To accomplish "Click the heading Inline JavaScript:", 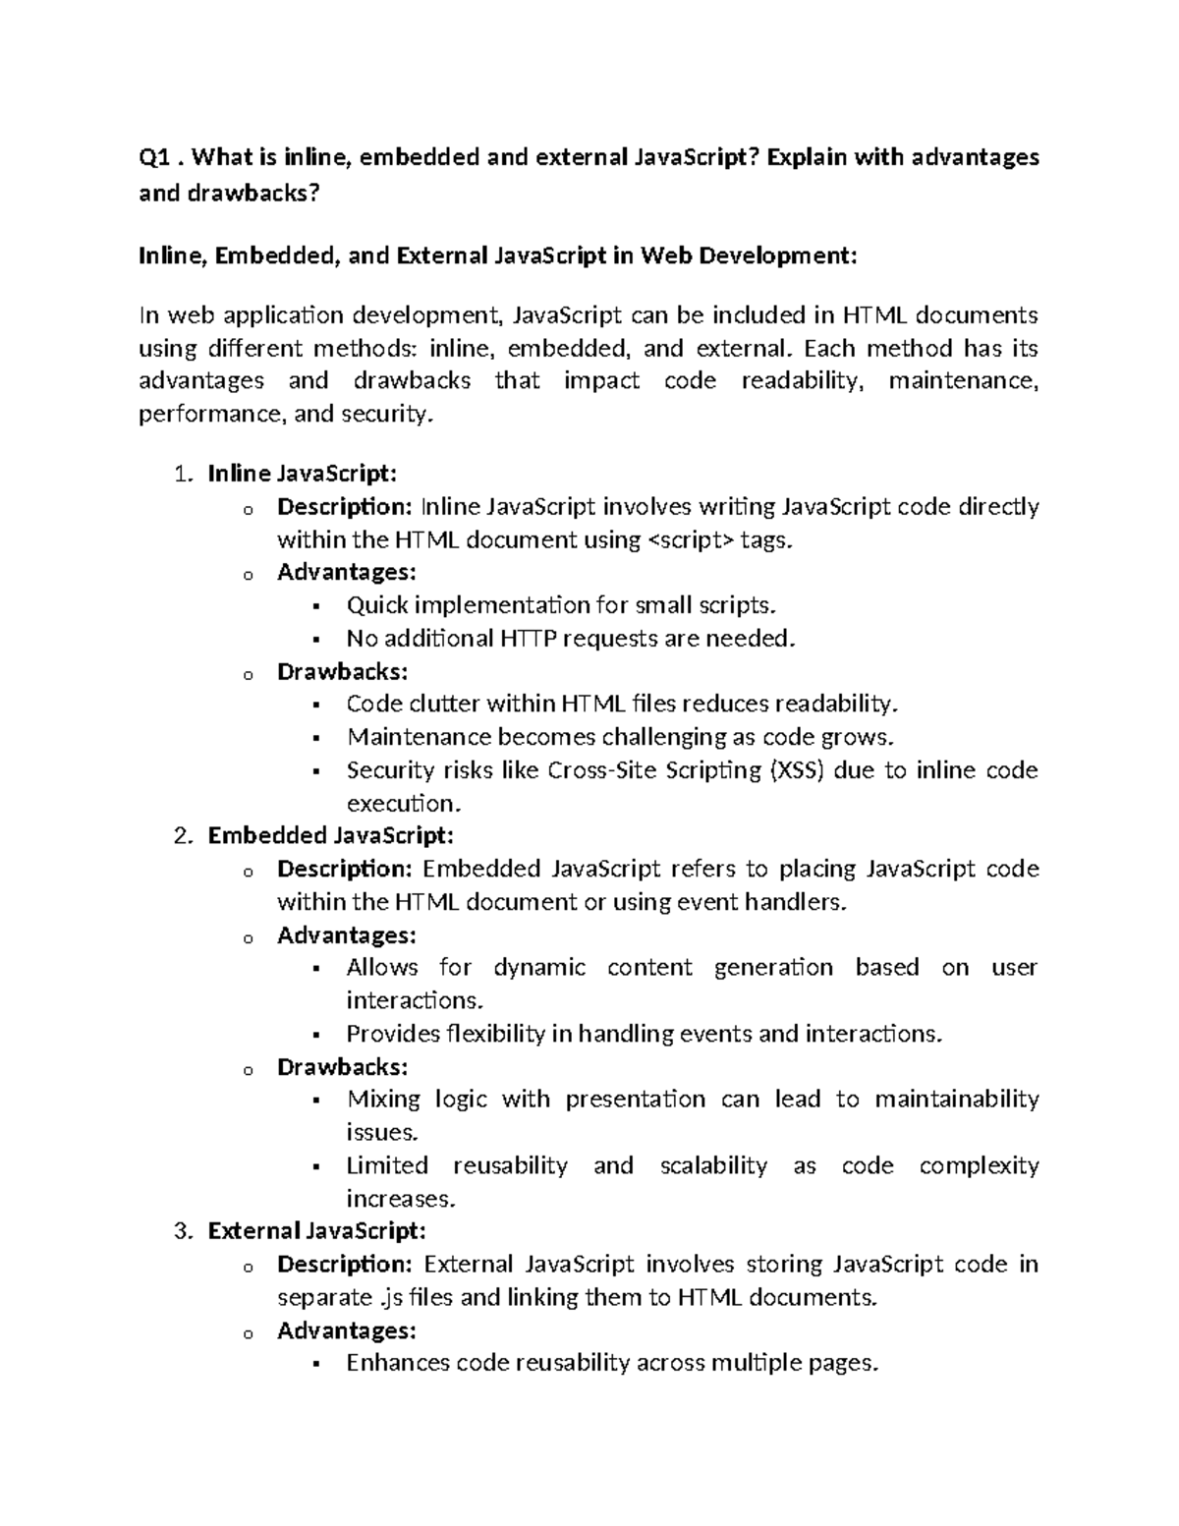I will (x=303, y=474).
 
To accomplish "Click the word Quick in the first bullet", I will (x=377, y=605).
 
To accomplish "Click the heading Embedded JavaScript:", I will (x=331, y=836).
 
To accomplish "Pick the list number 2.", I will (x=181, y=836).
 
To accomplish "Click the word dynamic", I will (x=539, y=968).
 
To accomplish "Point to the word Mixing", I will (x=383, y=1100).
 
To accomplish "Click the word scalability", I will (x=713, y=1165).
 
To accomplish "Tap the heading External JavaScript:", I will (x=317, y=1231).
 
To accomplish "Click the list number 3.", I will (x=181, y=1231).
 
